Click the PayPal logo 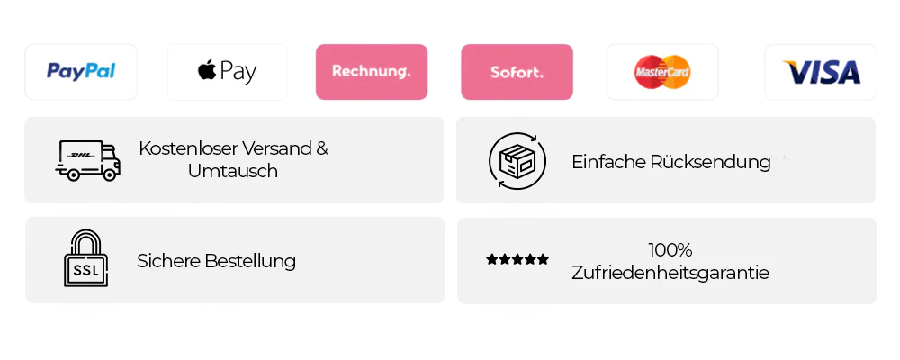click(81, 71)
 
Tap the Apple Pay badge click(227, 71)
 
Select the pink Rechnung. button click(371, 71)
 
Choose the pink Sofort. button click(517, 71)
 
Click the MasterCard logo click(662, 71)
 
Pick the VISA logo click(821, 72)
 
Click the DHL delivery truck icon click(87, 160)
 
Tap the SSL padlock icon click(85, 259)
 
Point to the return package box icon click(517, 160)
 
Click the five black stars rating click(517, 260)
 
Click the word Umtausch click(233, 171)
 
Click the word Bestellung click(250, 261)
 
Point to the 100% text click(670, 250)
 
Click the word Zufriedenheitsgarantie click(670, 272)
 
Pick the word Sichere click(168, 261)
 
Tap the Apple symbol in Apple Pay click(206, 70)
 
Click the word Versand click(274, 148)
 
